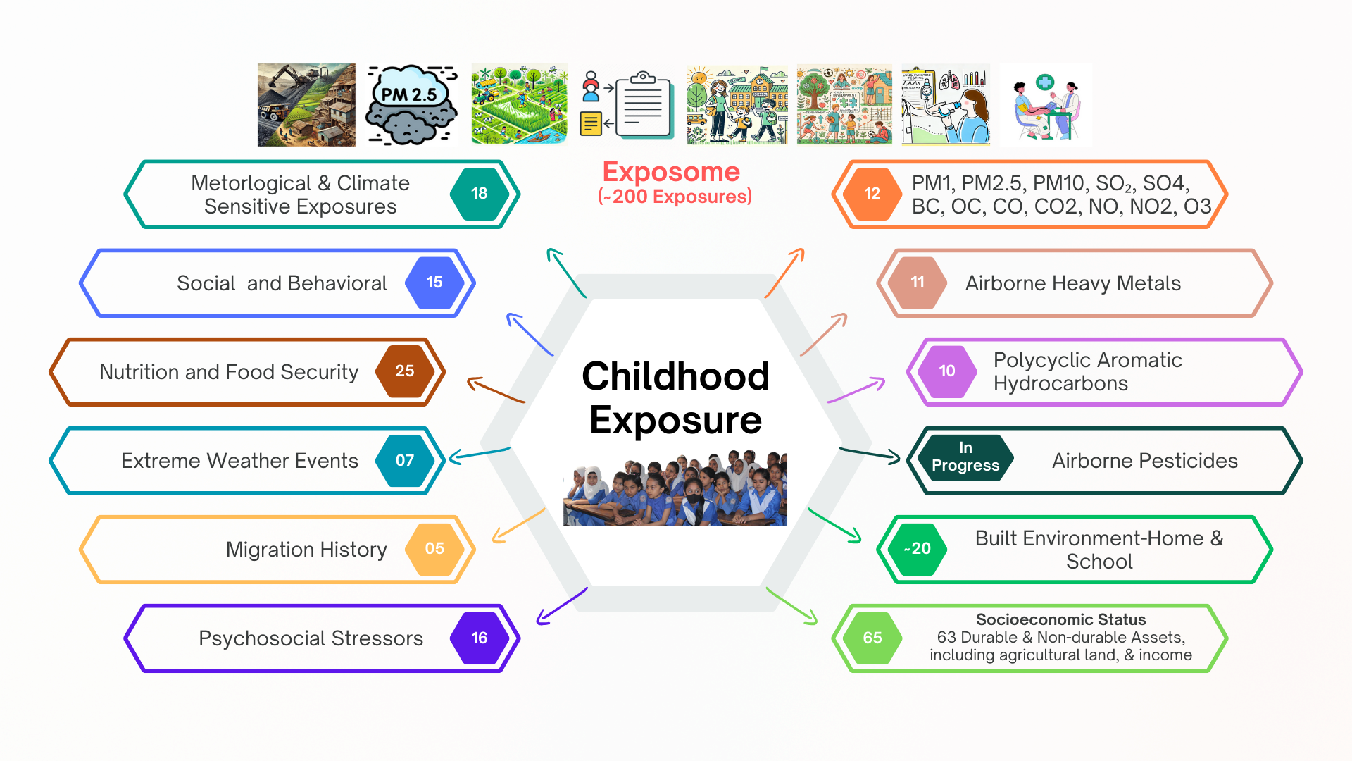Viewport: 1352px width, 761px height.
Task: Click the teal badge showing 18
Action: coord(479,194)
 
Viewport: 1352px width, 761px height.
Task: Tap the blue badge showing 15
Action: coord(434,283)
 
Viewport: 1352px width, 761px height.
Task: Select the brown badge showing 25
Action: coord(405,371)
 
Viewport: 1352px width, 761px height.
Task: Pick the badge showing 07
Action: coord(405,460)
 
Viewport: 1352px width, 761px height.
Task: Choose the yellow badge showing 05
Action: coord(434,549)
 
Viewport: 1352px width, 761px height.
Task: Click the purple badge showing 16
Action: coord(479,638)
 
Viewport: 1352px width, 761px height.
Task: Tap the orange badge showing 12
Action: coord(872,194)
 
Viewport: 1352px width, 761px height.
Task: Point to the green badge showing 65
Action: coord(872,638)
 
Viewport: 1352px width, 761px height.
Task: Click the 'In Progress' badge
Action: coord(966,457)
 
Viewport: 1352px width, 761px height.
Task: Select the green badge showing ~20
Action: coord(918,549)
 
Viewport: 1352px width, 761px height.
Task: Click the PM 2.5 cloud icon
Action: coord(411,105)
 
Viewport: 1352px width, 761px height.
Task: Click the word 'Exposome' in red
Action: coord(671,172)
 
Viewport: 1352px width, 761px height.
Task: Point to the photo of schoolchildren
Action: coord(675,488)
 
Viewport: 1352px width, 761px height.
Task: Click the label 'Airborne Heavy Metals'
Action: coord(1073,283)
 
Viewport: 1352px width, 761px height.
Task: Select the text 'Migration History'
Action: coord(306,550)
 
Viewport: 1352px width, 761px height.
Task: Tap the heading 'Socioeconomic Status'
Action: coord(1060,620)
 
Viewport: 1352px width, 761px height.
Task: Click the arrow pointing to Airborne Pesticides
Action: coord(870,455)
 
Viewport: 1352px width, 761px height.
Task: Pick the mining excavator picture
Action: coord(306,105)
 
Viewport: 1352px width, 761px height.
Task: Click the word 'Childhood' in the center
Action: coord(675,376)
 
